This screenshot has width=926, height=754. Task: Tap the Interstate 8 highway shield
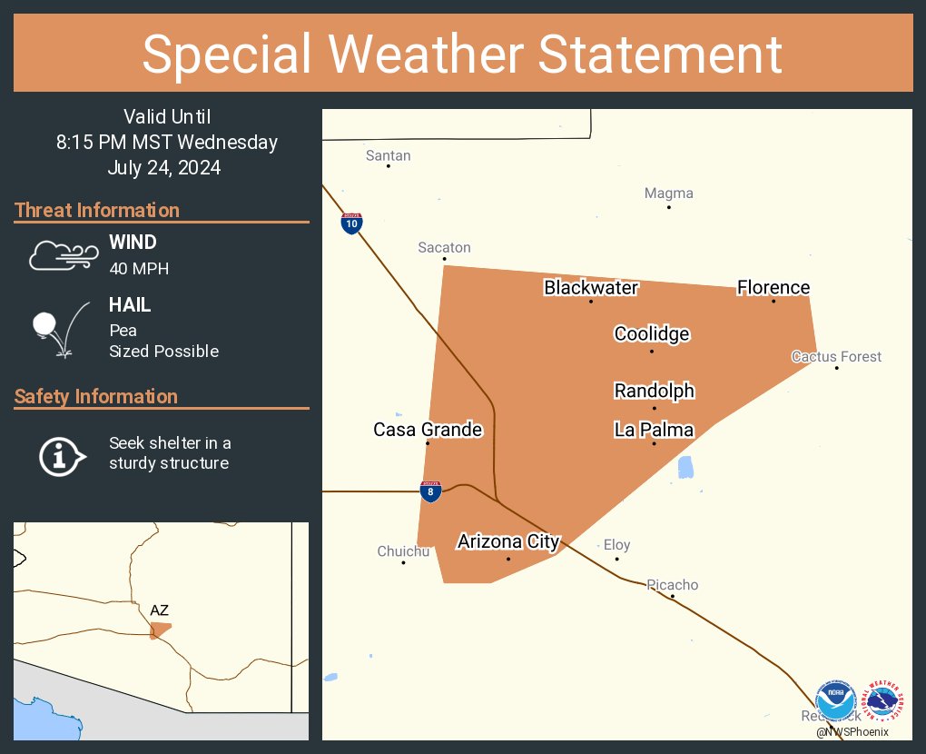430,491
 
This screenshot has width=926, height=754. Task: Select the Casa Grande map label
428,430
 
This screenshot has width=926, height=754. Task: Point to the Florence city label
773,288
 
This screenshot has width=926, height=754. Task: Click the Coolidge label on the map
652,334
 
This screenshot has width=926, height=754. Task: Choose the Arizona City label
508,542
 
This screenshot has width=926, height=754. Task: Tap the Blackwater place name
591,288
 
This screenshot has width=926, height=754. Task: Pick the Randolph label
655,392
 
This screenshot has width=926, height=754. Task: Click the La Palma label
654,431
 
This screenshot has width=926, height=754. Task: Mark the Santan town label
388,155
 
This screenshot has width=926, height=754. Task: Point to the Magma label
668,193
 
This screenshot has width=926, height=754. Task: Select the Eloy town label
616,545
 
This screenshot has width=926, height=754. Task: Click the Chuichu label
403,551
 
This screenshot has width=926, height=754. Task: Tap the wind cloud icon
63,256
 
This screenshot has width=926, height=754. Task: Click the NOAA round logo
835,702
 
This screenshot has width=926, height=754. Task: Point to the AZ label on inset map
159,610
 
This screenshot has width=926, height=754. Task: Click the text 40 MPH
139,268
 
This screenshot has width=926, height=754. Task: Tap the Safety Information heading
96,397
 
